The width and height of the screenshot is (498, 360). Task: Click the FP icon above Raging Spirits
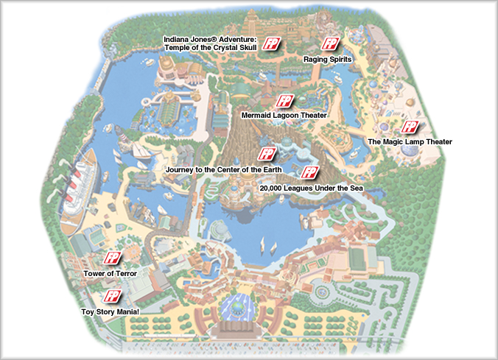tap(330, 44)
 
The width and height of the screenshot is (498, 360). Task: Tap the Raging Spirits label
tap(328, 58)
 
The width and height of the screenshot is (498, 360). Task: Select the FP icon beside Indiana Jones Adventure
tap(273, 43)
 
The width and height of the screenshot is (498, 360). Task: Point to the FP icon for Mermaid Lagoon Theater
tap(283, 102)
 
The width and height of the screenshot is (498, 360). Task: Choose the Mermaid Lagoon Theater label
tap(284, 116)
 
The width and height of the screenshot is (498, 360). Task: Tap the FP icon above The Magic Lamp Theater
tap(410, 127)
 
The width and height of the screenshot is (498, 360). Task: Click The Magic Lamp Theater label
tap(410, 141)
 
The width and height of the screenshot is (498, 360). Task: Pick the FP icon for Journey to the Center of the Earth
tap(266, 155)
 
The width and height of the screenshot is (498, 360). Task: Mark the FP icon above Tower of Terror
tap(112, 258)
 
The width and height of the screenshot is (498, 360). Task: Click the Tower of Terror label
tap(110, 273)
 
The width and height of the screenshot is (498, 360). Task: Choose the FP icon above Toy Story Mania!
tap(112, 297)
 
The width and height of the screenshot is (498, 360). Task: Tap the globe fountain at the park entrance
tap(238, 302)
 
